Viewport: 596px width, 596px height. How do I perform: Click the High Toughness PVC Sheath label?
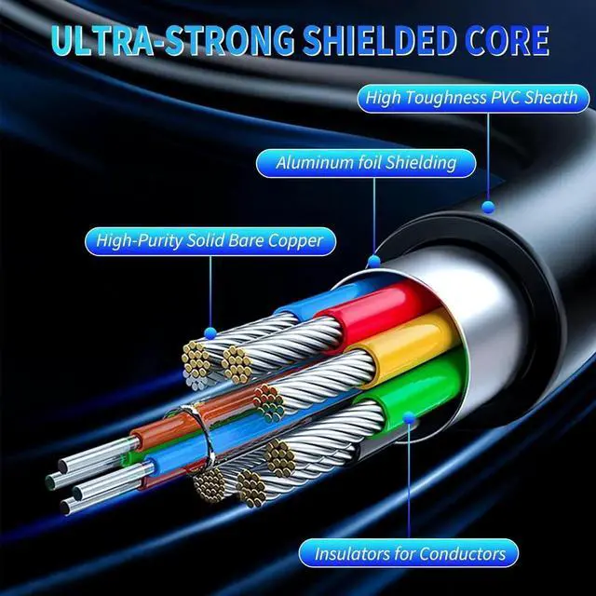[x=471, y=97]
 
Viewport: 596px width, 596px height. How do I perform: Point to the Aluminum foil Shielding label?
[x=366, y=163]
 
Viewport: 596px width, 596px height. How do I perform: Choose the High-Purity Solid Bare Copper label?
[x=210, y=241]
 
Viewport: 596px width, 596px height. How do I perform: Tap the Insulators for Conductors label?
[x=410, y=554]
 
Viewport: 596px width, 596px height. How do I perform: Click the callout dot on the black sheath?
[x=486, y=203]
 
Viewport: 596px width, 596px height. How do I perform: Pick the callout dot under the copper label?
[x=211, y=330]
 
